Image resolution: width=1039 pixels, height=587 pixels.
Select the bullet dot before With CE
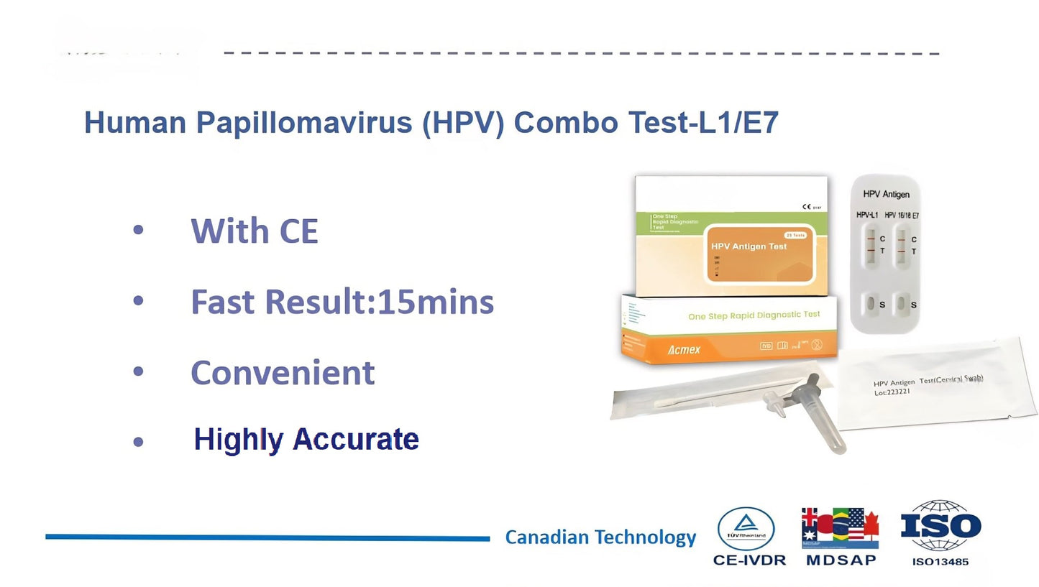139,230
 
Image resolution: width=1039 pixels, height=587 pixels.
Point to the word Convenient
283,373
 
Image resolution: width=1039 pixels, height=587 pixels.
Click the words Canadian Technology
600,537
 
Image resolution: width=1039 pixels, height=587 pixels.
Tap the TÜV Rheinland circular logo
746,529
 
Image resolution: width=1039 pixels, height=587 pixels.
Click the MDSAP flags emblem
841,528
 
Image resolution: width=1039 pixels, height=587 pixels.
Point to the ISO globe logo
940,527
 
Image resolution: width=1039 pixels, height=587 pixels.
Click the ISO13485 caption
940,562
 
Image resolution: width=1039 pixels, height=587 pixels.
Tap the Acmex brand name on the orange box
684,350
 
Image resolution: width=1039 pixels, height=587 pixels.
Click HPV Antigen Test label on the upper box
749,246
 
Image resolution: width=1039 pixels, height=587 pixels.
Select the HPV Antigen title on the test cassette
886,195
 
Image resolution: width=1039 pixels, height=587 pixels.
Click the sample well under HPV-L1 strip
870,304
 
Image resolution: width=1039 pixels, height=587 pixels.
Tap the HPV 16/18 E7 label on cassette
902,216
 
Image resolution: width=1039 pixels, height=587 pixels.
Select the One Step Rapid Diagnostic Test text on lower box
754,315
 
